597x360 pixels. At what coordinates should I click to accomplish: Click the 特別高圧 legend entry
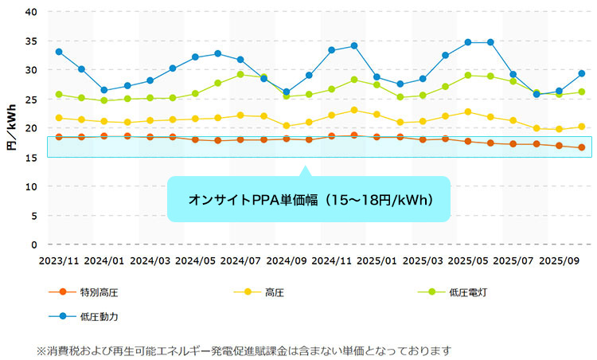[84, 292]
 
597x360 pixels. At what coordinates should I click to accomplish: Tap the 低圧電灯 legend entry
[452, 292]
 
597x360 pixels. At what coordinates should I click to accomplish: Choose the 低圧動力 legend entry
[84, 316]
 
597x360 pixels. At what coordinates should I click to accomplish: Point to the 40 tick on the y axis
[31, 12]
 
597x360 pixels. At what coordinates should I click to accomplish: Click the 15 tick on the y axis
[31, 158]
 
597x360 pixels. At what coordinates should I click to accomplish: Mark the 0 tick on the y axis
[34, 245]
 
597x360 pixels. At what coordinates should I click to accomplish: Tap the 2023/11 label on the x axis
[59, 261]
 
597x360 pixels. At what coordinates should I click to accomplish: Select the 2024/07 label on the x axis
[240, 261]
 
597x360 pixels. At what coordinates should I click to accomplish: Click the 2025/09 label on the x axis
[559, 261]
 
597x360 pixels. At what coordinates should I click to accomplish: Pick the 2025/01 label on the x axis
[377, 261]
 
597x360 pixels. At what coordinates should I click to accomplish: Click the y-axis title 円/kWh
[12, 127]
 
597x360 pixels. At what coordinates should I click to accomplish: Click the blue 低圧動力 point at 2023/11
[59, 52]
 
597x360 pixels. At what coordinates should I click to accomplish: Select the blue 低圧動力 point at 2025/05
[468, 42]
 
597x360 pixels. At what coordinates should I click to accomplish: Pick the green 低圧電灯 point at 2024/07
[240, 74]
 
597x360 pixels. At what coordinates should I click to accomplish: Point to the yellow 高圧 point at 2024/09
[287, 126]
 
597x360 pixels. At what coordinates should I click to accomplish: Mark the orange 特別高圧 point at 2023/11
[59, 137]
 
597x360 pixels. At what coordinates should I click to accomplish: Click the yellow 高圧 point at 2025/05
[468, 112]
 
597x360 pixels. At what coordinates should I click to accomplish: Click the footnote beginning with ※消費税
[244, 351]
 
